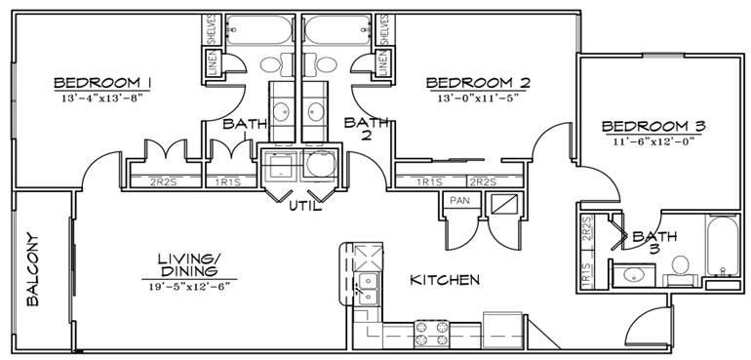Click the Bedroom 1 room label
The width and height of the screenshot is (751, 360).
tap(102, 81)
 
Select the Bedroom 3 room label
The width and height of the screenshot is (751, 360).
tap(652, 127)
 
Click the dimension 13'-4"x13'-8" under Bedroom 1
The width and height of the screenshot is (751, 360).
tap(102, 98)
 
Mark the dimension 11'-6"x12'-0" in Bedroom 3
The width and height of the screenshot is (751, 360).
tap(652, 142)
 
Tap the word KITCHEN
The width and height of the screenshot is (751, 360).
tap(444, 280)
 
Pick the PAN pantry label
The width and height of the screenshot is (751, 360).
tap(458, 201)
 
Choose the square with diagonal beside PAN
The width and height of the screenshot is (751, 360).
tap(504, 204)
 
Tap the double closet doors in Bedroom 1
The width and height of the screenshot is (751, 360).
tap(165, 155)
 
